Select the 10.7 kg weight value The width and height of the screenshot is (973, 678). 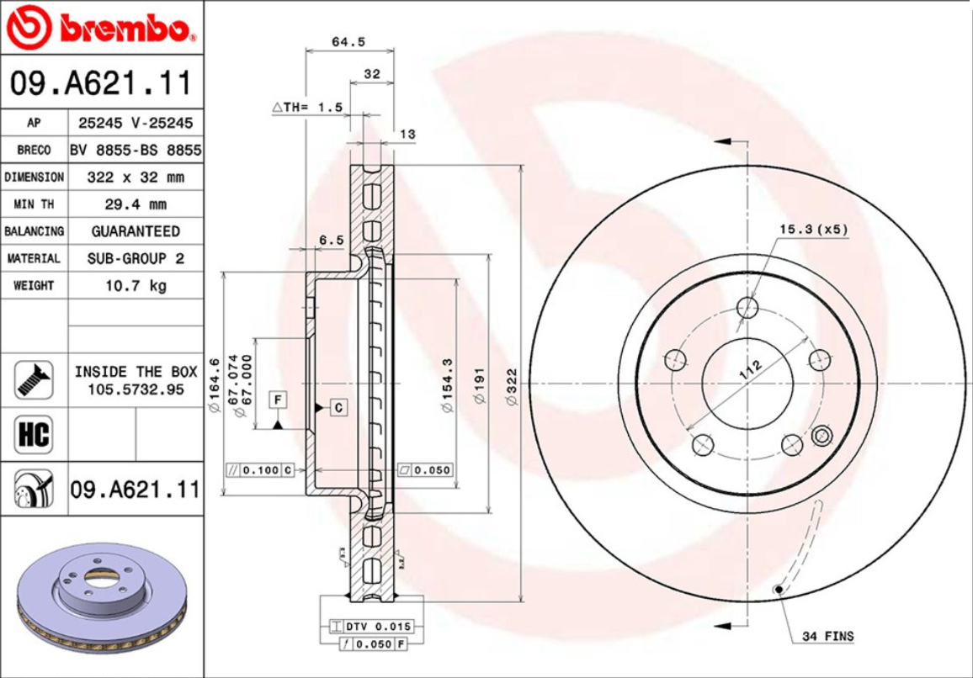tap(135, 285)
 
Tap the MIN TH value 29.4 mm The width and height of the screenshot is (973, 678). tap(135, 204)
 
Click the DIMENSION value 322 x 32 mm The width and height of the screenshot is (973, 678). tap(135, 177)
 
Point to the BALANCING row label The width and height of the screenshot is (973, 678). tap(34, 231)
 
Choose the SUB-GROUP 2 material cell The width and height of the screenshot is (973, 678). tap(135, 258)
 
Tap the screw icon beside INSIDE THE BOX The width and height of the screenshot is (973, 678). tap(34, 379)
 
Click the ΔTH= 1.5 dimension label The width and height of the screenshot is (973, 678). tap(308, 108)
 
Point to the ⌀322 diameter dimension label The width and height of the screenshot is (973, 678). tap(511, 388)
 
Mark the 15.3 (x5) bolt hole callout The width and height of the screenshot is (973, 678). tap(813, 229)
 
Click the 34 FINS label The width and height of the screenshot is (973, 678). tap(827, 636)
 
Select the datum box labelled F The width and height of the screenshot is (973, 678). tap(277, 400)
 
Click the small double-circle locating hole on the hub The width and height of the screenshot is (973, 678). tap(821, 436)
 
